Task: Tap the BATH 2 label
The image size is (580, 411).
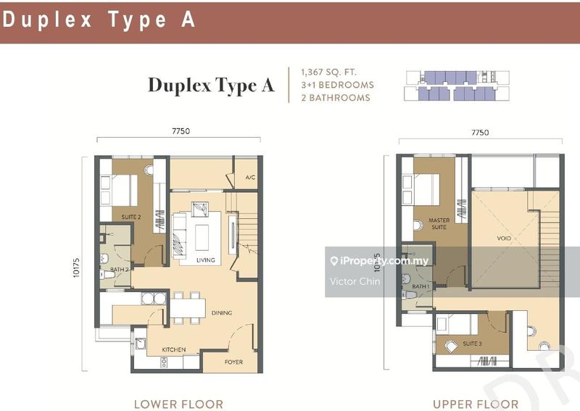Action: pyautogui.click(x=120, y=270)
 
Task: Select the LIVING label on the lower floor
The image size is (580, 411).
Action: pyautogui.click(x=206, y=260)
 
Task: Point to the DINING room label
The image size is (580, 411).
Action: pyautogui.click(x=221, y=313)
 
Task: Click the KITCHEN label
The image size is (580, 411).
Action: pyautogui.click(x=173, y=349)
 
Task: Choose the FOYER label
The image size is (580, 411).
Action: pyautogui.click(x=233, y=362)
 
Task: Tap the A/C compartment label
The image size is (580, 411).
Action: pyautogui.click(x=250, y=177)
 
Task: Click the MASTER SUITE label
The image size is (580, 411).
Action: pyautogui.click(x=439, y=224)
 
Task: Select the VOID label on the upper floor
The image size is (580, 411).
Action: pyautogui.click(x=505, y=236)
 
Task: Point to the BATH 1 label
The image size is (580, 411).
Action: pyautogui.click(x=420, y=286)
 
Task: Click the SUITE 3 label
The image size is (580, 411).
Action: pyautogui.click(x=471, y=343)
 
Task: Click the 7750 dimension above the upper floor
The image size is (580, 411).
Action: pyautogui.click(x=480, y=133)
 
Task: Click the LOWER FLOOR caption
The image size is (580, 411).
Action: pyautogui.click(x=178, y=404)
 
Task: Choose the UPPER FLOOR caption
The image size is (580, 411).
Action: pyautogui.click(x=475, y=404)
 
